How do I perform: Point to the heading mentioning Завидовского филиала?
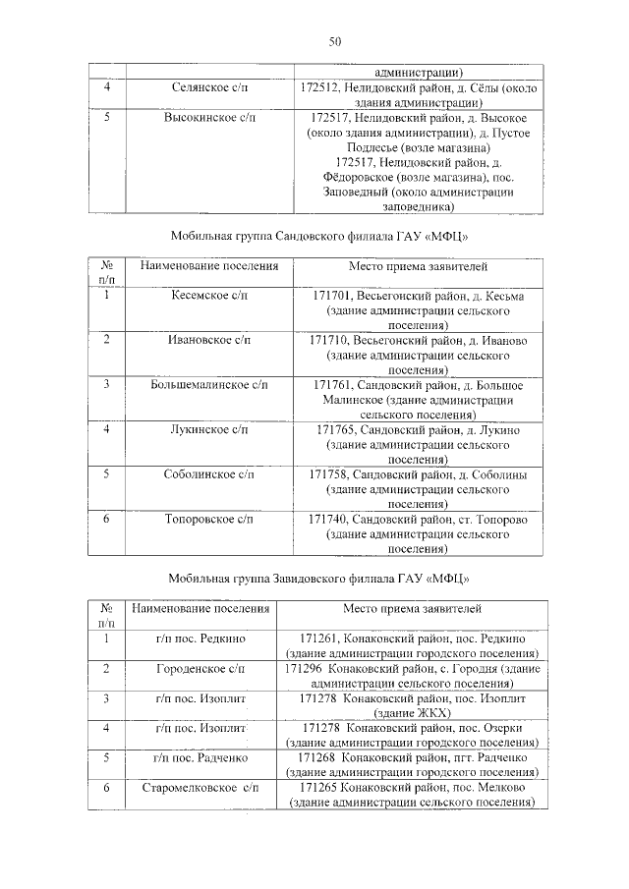[313, 578]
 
